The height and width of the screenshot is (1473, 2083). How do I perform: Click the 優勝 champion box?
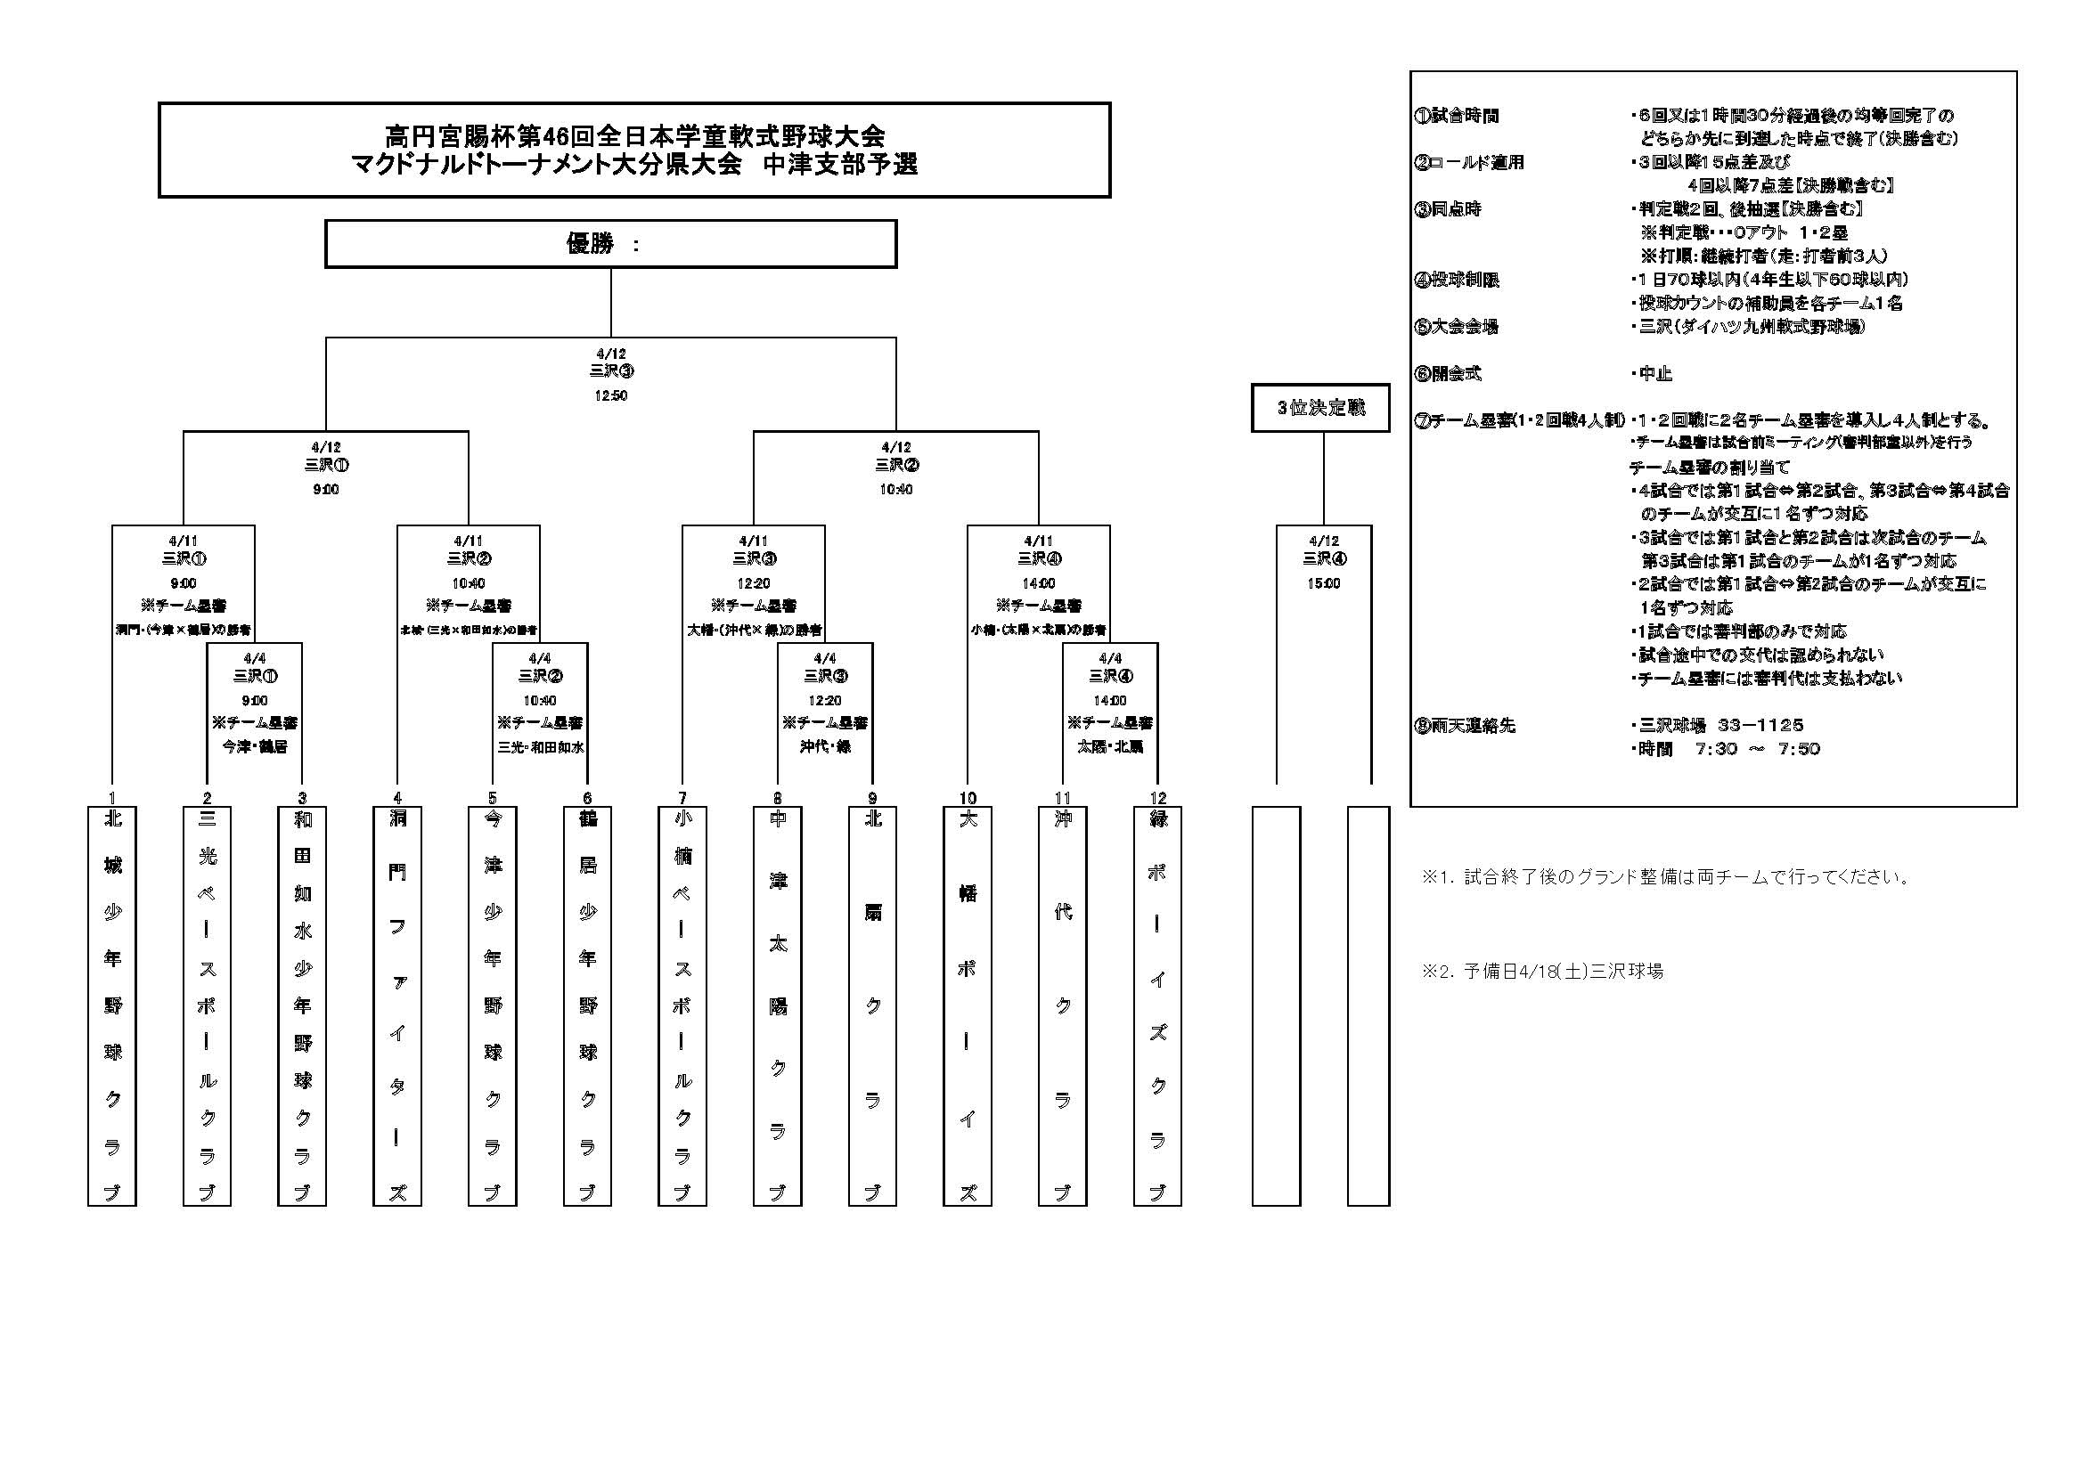click(610, 244)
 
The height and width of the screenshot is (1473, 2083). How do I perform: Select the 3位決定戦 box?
click(1320, 408)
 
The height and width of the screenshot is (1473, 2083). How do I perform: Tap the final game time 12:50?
click(610, 395)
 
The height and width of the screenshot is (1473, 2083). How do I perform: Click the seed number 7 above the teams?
click(682, 798)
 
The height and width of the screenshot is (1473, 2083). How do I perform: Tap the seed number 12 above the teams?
click(1157, 798)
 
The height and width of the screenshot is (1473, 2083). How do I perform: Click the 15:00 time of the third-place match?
click(1324, 583)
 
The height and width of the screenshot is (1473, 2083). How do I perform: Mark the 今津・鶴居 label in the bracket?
click(255, 746)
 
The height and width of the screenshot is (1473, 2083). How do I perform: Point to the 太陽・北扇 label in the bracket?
click(1110, 746)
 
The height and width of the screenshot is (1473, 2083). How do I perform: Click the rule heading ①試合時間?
click(1457, 116)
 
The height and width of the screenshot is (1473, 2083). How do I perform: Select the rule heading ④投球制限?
click(1457, 280)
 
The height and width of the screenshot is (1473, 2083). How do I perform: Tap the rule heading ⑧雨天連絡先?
click(1466, 726)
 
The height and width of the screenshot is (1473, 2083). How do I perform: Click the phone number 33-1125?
click(1760, 726)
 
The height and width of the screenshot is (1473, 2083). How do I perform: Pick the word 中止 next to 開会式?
click(1655, 374)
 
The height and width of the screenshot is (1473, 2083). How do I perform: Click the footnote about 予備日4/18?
click(1542, 972)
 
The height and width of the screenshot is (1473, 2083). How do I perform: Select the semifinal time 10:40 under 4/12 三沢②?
click(896, 489)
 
